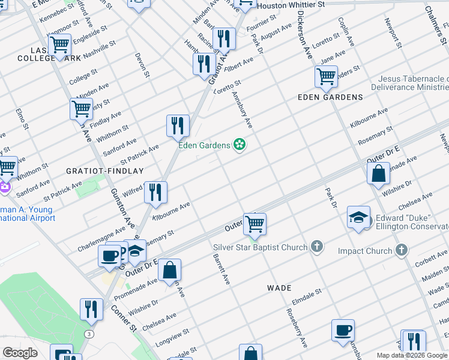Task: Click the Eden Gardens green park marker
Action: pos(240,145)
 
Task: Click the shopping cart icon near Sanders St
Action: pos(326,77)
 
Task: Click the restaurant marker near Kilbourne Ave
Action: pos(155,193)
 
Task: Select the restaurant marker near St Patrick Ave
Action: pos(178,125)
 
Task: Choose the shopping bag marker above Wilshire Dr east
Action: pos(379,175)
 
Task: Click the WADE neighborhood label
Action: pos(279,288)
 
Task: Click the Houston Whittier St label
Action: pos(291,4)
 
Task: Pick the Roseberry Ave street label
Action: pos(297,328)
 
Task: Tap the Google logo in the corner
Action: pos(20,353)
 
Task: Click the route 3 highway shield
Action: pos(89,334)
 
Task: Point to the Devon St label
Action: pos(142,65)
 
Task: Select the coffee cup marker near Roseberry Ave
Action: pos(343,330)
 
